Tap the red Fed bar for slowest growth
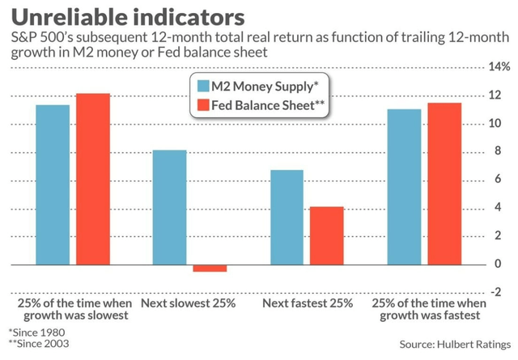click(x=92, y=180)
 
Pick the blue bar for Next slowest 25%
click(x=170, y=207)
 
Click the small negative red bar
click(x=210, y=268)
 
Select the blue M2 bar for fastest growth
click(x=405, y=187)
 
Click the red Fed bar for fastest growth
click(x=445, y=184)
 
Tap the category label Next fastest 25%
click(x=308, y=303)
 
